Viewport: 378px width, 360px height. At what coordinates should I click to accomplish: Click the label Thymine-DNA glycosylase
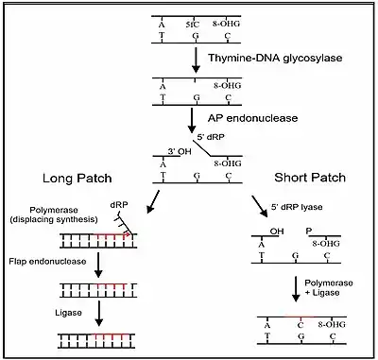tap(275, 58)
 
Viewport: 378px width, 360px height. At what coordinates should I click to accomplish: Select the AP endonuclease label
tap(252, 118)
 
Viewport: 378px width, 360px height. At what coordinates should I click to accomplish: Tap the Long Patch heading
tap(77, 179)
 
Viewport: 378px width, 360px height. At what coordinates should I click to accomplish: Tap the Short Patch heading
tap(310, 178)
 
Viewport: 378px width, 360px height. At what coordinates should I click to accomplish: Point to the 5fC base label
tap(193, 25)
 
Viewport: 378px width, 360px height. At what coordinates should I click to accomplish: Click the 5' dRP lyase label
tap(297, 207)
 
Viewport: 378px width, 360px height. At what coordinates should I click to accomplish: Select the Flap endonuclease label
tap(47, 262)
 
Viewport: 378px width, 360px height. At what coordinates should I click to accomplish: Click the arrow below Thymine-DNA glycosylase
tap(196, 60)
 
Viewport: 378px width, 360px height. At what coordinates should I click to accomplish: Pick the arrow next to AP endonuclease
tap(192, 121)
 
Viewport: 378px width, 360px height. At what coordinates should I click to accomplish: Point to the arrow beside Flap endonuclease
tap(98, 265)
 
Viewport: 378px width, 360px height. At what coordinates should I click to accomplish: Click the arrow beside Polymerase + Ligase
tap(296, 289)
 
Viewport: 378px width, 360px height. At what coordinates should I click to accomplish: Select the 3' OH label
tap(180, 151)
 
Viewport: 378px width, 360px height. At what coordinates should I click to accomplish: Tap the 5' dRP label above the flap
tap(211, 137)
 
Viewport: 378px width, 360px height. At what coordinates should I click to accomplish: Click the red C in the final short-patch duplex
tap(301, 325)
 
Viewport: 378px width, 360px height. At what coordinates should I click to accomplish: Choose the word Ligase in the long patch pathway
tap(68, 313)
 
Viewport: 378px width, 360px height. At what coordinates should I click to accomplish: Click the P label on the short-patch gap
tap(309, 231)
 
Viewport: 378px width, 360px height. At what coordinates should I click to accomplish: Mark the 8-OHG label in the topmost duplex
tap(226, 24)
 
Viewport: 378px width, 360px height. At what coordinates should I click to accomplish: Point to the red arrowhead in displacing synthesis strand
tap(128, 234)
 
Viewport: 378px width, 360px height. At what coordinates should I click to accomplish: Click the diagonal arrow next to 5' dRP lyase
tap(260, 206)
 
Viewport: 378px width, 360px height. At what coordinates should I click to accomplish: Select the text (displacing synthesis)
tap(54, 219)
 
